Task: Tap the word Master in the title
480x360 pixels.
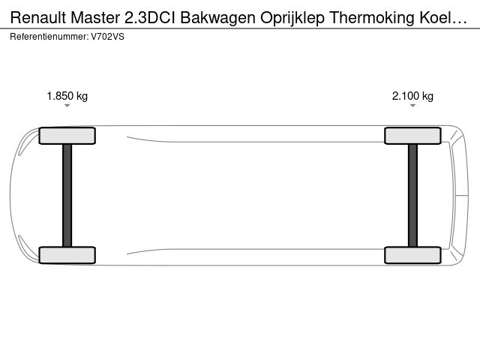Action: point(95,18)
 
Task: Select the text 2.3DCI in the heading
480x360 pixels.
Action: point(150,18)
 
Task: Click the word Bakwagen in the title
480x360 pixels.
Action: point(217,18)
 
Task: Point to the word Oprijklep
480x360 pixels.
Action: point(292,18)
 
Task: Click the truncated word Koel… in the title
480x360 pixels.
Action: point(443,18)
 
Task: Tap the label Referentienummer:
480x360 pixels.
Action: point(49,37)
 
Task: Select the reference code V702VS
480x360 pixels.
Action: point(108,37)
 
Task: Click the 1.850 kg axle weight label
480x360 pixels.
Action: point(67,96)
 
